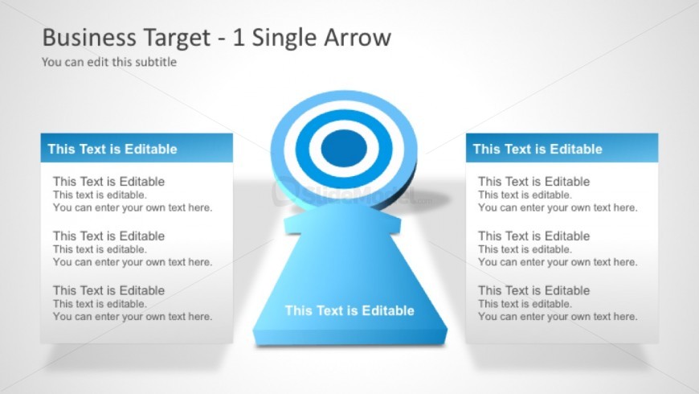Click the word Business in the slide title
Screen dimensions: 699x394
pyautogui.click(x=89, y=37)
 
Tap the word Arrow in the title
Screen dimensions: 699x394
pyautogui.click(x=358, y=37)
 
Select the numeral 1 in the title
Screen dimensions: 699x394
pyautogui.click(x=239, y=38)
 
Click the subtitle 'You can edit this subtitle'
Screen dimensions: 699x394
pyautogui.click(x=109, y=62)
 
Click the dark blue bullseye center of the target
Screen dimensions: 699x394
pyautogui.click(x=344, y=149)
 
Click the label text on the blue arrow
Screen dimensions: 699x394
pyautogui.click(x=349, y=310)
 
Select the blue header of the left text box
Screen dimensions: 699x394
pyautogui.click(x=137, y=148)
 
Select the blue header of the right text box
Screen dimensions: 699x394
pyautogui.click(x=562, y=148)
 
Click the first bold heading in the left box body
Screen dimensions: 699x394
pyautogui.click(x=108, y=182)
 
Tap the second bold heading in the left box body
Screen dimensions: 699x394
pyautogui.click(x=108, y=236)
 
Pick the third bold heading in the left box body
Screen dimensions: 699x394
pyautogui.click(x=108, y=290)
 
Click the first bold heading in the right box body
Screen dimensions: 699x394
pyautogui.click(x=534, y=182)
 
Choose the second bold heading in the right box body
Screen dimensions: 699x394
pyautogui.click(x=534, y=236)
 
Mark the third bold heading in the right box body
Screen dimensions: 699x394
pyautogui.click(x=534, y=290)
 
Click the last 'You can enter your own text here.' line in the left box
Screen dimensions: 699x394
pyautogui.click(x=133, y=316)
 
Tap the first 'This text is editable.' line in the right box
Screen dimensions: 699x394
pyautogui.click(x=525, y=195)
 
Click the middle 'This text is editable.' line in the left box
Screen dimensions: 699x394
pyautogui.click(x=100, y=249)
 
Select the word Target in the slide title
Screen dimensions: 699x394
pyautogui.click(x=176, y=39)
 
